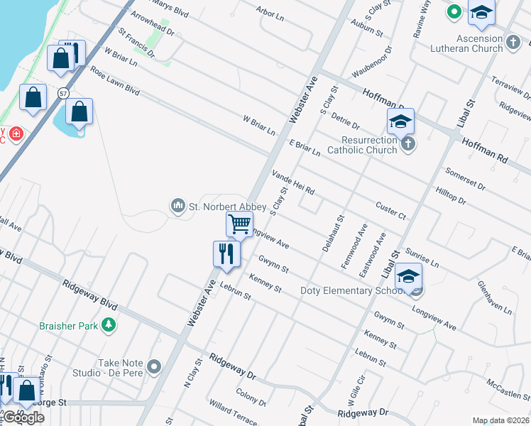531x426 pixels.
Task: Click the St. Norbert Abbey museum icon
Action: (x=177, y=207)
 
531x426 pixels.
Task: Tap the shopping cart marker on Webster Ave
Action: (x=239, y=224)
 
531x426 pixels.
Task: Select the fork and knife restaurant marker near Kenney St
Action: (x=226, y=254)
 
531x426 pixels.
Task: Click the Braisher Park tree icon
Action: (x=108, y=324)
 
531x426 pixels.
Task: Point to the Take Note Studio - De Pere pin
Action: (x=154, y=367)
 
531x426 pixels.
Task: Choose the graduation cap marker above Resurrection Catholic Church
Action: (x=400, y=121)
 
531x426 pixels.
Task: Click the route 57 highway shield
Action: (x=64, y=93)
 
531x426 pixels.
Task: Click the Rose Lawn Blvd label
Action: (x=114, y=82)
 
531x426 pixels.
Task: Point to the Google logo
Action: (x=23, y=417)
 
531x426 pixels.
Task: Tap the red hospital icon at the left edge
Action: (x=16, y=133)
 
